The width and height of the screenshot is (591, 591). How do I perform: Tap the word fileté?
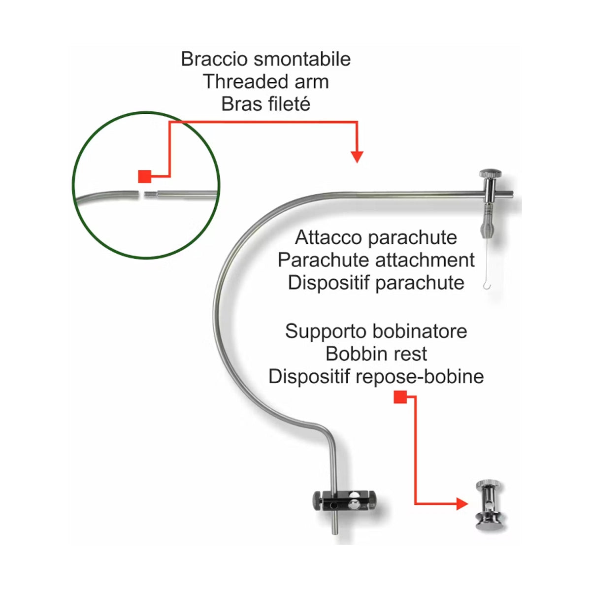(288, 104)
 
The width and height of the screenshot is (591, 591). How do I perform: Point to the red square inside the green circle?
(144, 176)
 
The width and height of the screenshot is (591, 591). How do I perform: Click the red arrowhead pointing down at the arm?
(357, 157)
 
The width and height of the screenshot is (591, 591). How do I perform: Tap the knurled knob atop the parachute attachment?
(490, 173)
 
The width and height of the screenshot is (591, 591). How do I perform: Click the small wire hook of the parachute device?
(487, 284)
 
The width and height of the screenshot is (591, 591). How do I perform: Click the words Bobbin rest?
(376, 354)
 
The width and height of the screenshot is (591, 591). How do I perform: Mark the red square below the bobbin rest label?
(400, 397)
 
